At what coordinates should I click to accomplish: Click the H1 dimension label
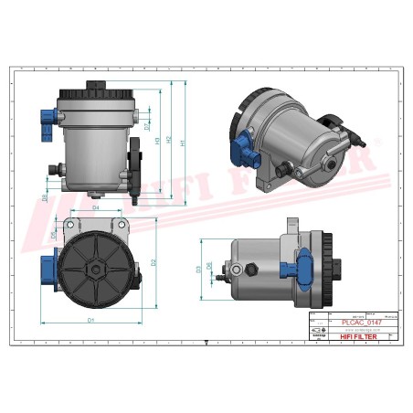tap(184, 143)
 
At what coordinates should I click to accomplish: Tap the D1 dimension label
tap(91, 321)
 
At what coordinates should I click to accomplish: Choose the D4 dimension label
tap(97, 208)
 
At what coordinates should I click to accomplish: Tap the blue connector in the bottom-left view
tap(47, 266)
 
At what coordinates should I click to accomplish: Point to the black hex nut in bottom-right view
tap(249, 270)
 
